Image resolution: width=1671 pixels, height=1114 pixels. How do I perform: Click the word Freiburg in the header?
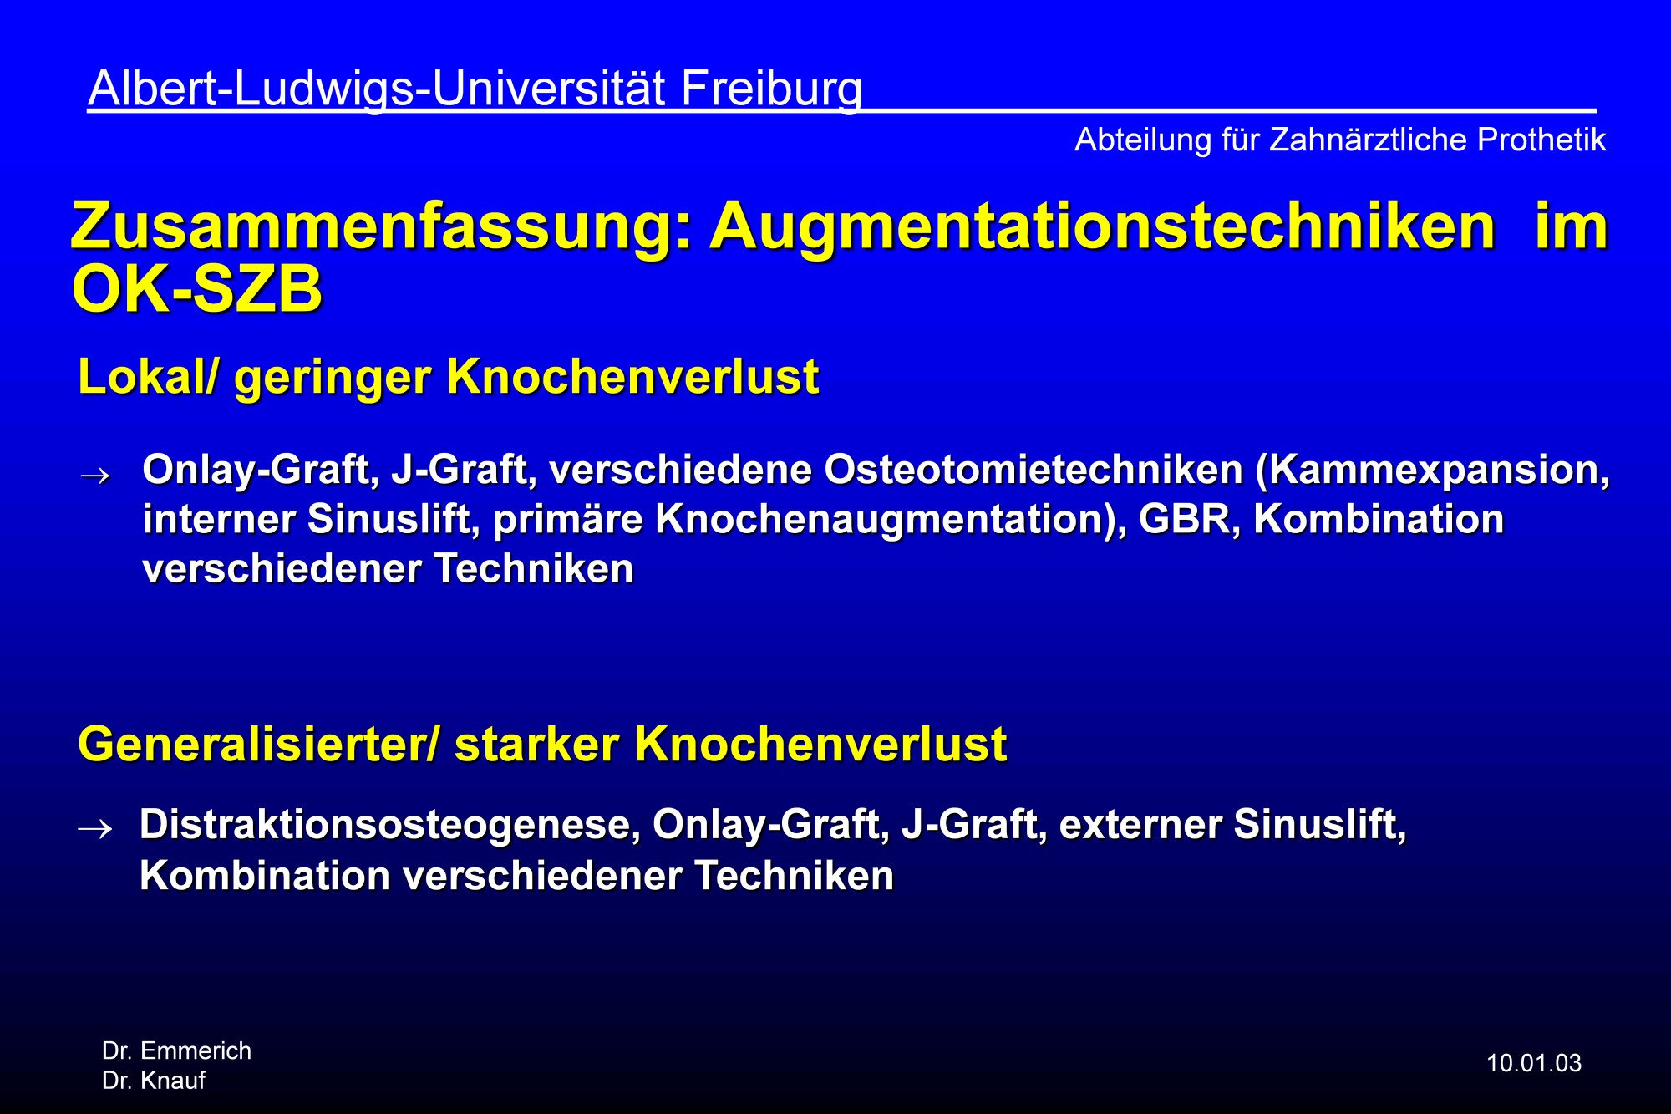pyautogui.click(x=771, y=89)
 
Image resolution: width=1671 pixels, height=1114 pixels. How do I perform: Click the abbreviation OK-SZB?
pyautogui.click(x=197, y=290)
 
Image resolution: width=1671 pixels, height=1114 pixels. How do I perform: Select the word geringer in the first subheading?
pyautogui.click(x=333, y=379)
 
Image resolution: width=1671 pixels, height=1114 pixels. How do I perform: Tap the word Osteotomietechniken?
pyautogui.click(x=1034, y=470)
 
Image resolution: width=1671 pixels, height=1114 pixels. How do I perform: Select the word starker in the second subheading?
pyautogui.click(x=536, y=745)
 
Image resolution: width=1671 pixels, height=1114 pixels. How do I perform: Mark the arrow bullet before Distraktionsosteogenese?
pyautogui.click(x=94, y=828)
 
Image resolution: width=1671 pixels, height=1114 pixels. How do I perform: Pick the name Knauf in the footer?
pyautogui.click(x=173, y=1081)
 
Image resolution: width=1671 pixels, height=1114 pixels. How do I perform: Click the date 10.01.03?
pyautogui.click(x=1534, y=1063)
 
